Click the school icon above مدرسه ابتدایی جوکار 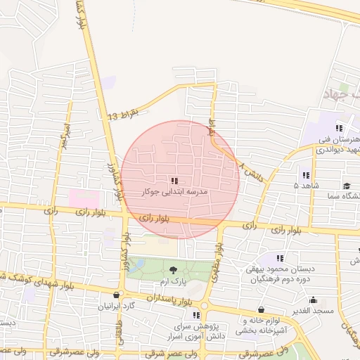point(174,181)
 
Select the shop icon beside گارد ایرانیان point(116,295)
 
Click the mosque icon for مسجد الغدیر point(312,300)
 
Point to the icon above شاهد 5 point(305,175)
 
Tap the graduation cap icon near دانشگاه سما point(347,186)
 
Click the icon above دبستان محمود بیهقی point(281,258)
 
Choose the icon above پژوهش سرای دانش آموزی point(196,315)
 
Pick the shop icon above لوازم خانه point(262,309)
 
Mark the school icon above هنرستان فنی point(339,128)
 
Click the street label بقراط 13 point(124,115)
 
